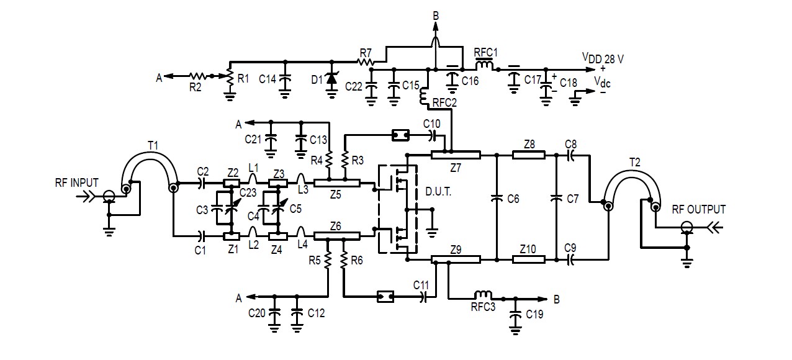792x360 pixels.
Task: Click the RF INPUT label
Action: [76, 183]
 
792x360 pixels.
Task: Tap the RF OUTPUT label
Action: [698, 209]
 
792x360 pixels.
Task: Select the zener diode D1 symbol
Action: [331, 79]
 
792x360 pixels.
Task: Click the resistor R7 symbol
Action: [366, 61]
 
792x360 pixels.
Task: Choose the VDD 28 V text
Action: [602, 58]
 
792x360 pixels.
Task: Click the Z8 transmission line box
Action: [528, 155]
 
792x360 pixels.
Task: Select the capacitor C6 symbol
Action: [497, 199]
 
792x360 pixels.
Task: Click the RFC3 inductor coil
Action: [483, 294]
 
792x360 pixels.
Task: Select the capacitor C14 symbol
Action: [285, 79]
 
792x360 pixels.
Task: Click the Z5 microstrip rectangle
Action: [336, 182]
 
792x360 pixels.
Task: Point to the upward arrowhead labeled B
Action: [435, 26]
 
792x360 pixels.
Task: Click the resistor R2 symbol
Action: [198, 76]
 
